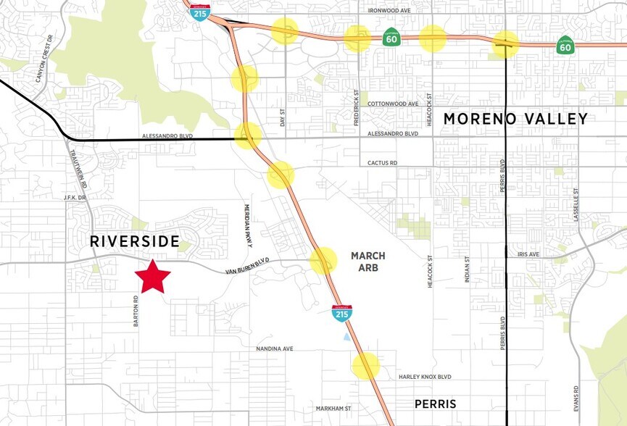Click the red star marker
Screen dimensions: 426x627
click(x=153, y=276)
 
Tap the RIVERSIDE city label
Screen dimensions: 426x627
click(x=135, y=241)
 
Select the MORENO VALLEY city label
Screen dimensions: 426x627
click(x=515, y=119)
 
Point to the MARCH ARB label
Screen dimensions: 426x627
click(x=368, y=262)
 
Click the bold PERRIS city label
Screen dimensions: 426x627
click(x=435, y=404)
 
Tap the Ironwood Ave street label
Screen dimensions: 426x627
click(x=389, y=11)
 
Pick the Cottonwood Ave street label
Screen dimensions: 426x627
click(x=393, y=104)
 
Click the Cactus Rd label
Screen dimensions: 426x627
click(x=383, y=164)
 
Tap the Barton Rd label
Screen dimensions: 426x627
click(x=136, y=311)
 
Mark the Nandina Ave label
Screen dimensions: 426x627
click(x=275, y=348)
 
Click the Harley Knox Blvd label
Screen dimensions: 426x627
click(x=425, y=377)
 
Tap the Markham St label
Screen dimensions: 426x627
click(x=333, y=409)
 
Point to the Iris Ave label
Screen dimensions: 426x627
click(x=530, y=255)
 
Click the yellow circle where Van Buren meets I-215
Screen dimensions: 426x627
click(x=324, y=261)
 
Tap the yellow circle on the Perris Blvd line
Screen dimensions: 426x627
click(x=505, y=44)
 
